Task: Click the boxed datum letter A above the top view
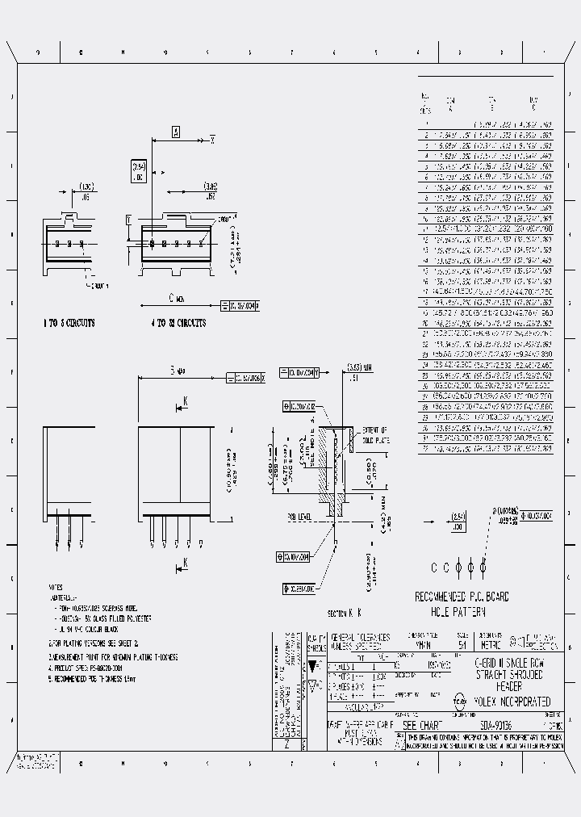[x=175, y=132]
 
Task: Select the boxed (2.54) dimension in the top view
[x=138, y=170]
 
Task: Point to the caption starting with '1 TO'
[x=69, y=323]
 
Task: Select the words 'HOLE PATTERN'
[x=461, y=611]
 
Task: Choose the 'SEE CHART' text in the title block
[x=420, y=725]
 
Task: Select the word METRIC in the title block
[x=491, y=644]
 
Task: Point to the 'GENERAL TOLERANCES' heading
[x=361, y=636]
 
